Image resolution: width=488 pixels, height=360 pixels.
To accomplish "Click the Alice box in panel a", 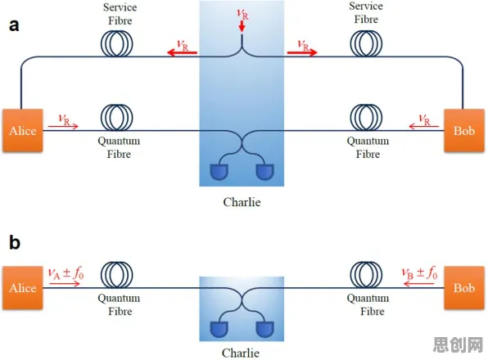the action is pos(23,130).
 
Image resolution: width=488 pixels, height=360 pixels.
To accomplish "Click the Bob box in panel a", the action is pos(464,130).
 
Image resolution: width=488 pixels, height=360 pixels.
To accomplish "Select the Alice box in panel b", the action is pos(23,287).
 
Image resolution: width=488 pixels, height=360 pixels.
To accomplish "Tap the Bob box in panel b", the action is pos(464,287).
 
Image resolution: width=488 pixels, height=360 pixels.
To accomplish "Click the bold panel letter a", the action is pos(14,25).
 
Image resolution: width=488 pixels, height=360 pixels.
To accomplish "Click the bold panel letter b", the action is pos(15,242).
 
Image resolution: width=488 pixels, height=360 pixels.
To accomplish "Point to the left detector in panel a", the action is pos(219,172).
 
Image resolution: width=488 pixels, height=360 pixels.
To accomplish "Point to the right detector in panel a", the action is pos(264,172).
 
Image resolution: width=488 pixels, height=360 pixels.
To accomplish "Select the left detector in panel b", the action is pos(219,330).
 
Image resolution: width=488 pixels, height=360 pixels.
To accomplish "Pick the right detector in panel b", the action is pos(264,330).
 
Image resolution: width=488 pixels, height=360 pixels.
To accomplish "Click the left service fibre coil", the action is pos(117,43).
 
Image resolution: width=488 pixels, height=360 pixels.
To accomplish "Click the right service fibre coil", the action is pos(366,43).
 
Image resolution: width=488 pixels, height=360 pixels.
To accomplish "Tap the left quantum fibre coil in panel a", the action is pos(117,118).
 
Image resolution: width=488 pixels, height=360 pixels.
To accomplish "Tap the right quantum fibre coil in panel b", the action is pos(366,275).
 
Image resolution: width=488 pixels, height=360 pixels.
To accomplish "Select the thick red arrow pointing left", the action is pos(182,52).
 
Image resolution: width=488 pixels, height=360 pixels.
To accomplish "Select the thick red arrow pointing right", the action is pos(302,52).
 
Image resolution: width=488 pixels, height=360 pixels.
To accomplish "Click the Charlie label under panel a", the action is pos(242,202).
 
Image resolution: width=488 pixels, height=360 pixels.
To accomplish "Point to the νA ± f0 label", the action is pos(66,273).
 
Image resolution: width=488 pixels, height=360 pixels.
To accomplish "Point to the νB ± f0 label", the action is pos(419,273).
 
